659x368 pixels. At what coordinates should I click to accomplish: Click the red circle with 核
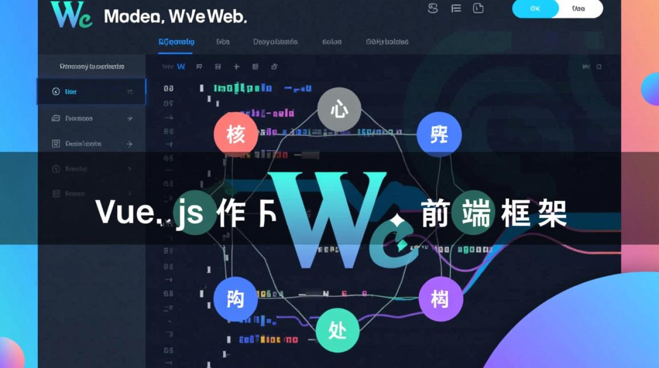[236, 134]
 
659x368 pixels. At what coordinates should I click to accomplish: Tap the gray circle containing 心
[339, 109]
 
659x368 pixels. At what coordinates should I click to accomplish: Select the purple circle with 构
[440, 298]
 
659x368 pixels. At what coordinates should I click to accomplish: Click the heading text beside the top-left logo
[175, 16]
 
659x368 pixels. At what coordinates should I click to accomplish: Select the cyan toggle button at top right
[534, 9]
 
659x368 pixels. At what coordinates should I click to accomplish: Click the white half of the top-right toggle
[580, 9]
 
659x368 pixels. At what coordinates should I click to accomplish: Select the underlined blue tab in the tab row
[176, 42]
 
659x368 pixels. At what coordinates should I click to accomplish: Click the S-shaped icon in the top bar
[432, 8]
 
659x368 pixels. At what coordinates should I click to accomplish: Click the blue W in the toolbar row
[180, 66]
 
